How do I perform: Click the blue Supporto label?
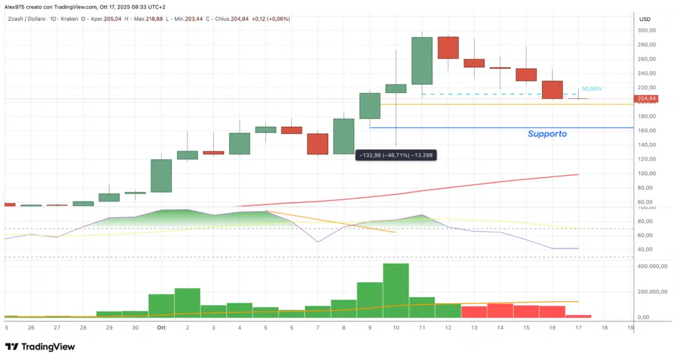coord(547,133)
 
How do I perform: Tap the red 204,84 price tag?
coord(645,99)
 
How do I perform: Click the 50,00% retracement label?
coord(592,89)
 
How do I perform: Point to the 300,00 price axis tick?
coord(646,30)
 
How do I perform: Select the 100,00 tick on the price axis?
coord(646,174)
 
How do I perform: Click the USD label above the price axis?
coord(645,18)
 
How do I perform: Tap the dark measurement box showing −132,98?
coord(395,155)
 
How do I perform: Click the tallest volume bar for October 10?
coord(396,291)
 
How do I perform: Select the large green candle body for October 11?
coord(422,61)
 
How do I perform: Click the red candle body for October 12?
coord(448,48)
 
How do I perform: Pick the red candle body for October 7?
coord(318,144)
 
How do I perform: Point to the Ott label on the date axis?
coord(160,327)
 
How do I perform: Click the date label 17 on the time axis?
coord(578,327)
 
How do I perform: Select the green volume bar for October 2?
coord(187,303)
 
